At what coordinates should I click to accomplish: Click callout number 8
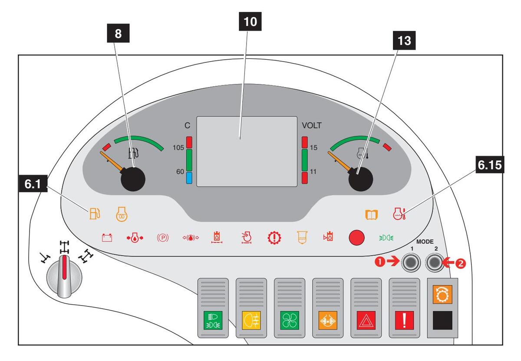[119, 35]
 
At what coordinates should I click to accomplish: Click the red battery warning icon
[107, 237]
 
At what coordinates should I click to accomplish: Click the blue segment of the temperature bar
[189, 178]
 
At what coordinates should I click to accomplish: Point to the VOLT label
[312, 126]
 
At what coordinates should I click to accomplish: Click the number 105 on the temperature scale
[178, 147]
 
